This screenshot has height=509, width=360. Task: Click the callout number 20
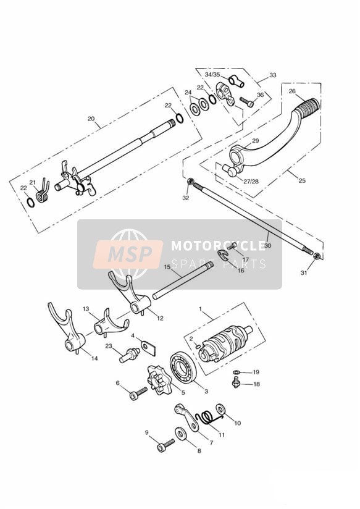(91, 119)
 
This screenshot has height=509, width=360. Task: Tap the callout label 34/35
(212, 75)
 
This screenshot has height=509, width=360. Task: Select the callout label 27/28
(251, 181)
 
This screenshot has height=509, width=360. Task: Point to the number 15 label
(167, 267)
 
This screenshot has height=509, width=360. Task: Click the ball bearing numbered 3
(183, 367)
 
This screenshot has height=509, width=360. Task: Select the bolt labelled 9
(165, 445)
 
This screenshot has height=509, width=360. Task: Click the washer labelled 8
(180, 434)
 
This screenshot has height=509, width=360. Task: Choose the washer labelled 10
(220, 410)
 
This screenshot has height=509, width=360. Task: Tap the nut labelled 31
(317, 256)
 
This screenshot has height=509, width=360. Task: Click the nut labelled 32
(191, 182)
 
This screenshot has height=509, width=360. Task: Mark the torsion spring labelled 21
(42, 192)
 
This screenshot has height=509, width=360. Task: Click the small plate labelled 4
(149, 347)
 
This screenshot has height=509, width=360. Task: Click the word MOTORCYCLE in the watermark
(219, 245)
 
